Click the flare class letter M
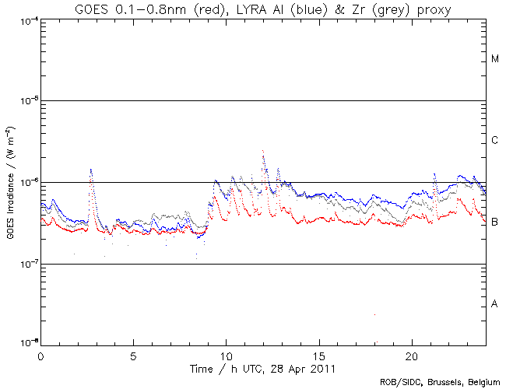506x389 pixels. pyautogui.click(x=495, y=59)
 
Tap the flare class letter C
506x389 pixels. pyautogui.click(x=495, y=141)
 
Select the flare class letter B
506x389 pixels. pyautogui.click(x=495, y=223)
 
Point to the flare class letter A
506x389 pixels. pyautogui.click(x=495, y=303)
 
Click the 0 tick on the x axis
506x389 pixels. pyautogui.click(x=40, y=355)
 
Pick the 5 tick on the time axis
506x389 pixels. pyautogui.click(x=133, y=355)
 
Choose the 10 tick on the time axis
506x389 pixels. pyautogui.click(x=226, y=355)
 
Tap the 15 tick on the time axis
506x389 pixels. pyautogui.click(x=318, y=355)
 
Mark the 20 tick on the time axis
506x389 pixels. pyautogui.click(x=411, y=355)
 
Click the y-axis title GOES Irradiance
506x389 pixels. pyautogui.click(x=10, y=183)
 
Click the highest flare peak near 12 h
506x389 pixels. pyautogui.click(x=263, y=151)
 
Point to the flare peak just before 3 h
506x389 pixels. pyautogui.click(x=91, y=170)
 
